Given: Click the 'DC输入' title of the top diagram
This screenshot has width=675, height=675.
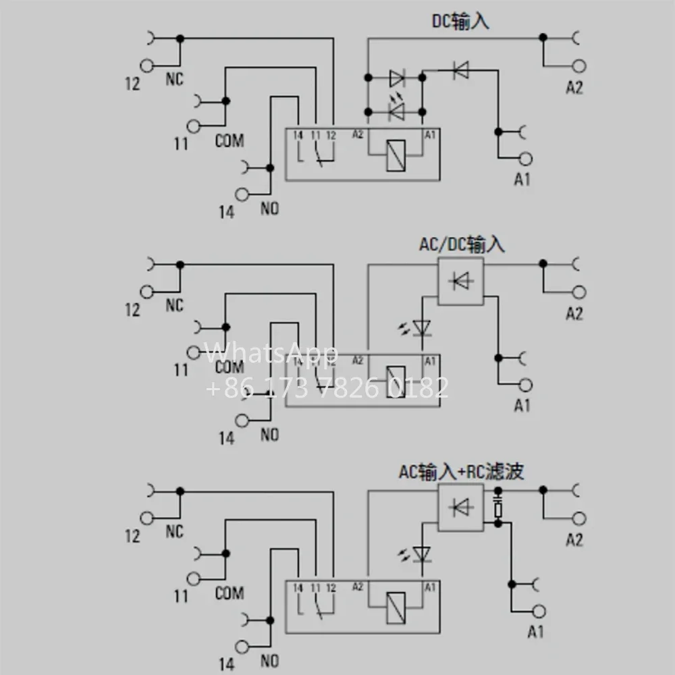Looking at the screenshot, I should tap(460, 22).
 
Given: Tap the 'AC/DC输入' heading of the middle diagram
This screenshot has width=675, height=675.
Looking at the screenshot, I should tap(461, 244).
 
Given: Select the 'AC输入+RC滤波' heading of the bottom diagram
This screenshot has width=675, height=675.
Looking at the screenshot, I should tap(460, 472).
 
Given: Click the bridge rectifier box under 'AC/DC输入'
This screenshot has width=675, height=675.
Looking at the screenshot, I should tap(461, 280).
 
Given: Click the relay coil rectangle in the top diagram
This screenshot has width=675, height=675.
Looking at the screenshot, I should tap(394, 157).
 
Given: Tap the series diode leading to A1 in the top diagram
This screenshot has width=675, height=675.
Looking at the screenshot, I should tap(460, 69).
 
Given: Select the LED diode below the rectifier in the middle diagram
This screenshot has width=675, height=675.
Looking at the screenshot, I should tap(423, 327).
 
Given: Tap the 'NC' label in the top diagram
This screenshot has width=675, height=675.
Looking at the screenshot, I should tap(175, 80).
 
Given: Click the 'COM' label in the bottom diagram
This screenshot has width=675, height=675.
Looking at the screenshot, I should tap(230, 593).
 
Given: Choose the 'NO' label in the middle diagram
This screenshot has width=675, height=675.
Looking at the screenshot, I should tap(269, 435).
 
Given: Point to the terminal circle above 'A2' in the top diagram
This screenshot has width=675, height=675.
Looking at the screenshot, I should tap(578, 66).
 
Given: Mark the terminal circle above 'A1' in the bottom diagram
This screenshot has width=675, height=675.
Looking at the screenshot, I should tap(539, 612).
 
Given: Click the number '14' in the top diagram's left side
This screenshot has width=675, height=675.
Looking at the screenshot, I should tap(226, 212).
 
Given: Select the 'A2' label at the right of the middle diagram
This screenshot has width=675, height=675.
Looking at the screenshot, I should tap(574, 313).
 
